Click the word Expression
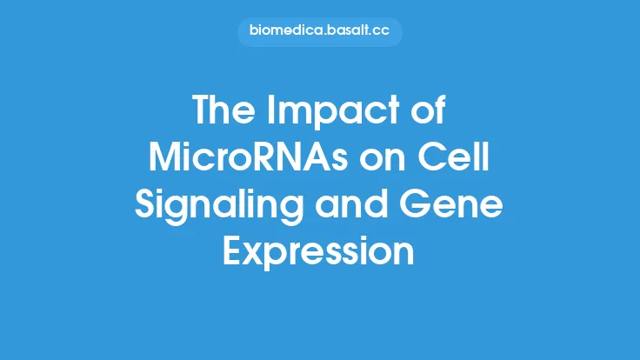319,252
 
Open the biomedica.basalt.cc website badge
319,32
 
